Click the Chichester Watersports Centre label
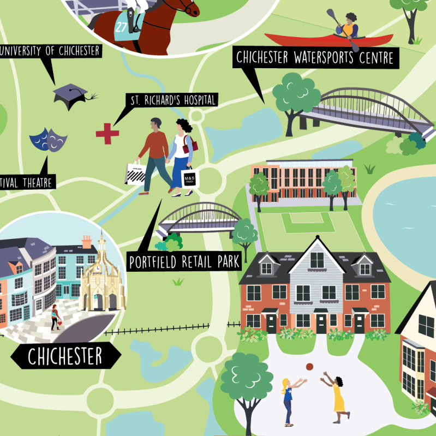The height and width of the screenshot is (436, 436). pos(315,57)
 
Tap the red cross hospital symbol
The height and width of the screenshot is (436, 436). pos(107,133)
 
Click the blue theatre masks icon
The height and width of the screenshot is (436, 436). pos(49,140)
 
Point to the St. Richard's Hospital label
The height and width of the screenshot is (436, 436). pos(172,100)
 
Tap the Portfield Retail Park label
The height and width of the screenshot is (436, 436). pos(184,261)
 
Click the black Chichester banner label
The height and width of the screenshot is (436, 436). pos(65,357)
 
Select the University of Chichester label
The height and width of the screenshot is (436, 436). pos(50,51)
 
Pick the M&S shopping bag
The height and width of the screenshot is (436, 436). pos(189,179)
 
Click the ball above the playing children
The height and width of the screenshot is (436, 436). pos(309,367)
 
